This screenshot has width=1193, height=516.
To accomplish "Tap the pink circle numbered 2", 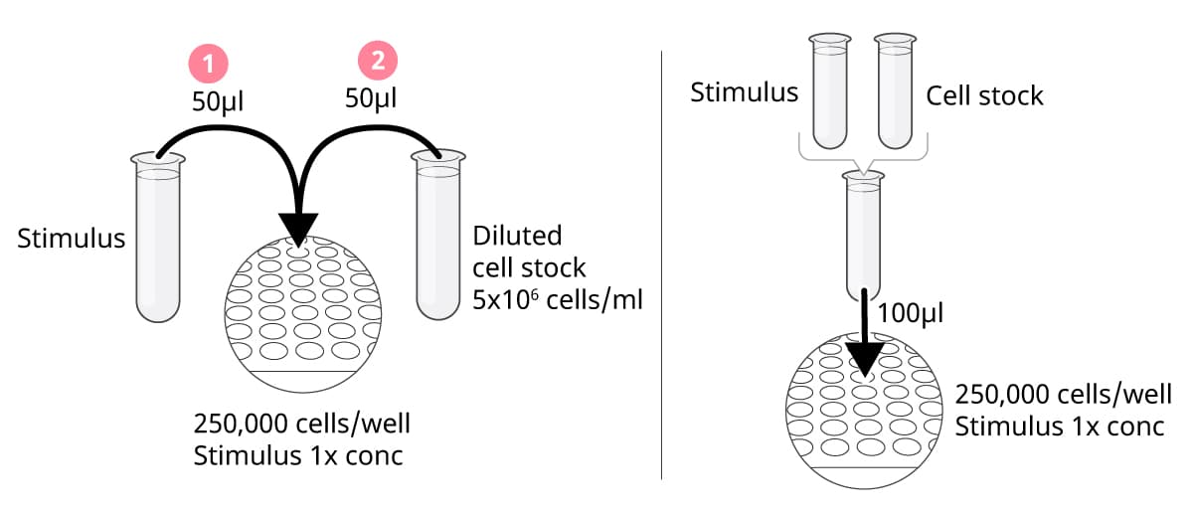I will (x=377, y=62).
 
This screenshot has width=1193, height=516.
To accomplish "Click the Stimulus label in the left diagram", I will (x=72, y=239).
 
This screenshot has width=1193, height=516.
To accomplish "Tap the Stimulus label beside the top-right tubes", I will (x=745, y=93).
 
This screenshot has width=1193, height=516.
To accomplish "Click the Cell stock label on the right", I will (x=984, y=95).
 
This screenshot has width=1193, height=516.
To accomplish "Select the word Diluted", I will (x=517, y=237).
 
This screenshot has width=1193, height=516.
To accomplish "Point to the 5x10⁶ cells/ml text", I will (x=558, y=299).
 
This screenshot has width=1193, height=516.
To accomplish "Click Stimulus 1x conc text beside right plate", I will (x=1059, y=428).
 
